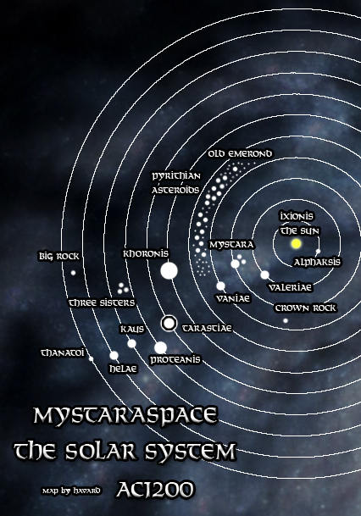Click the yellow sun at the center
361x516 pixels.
pos(296,244)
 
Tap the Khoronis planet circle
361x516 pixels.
pos(169,271)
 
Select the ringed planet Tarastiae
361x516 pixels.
pos(169,323)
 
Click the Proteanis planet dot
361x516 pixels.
pos(160,347)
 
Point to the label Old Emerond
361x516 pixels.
pos(240,154)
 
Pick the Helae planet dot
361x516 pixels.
pos(114,356)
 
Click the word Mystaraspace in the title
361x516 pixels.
pos(126,416)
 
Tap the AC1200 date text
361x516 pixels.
pos(158,490)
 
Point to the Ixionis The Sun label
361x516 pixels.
pos(297,224)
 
